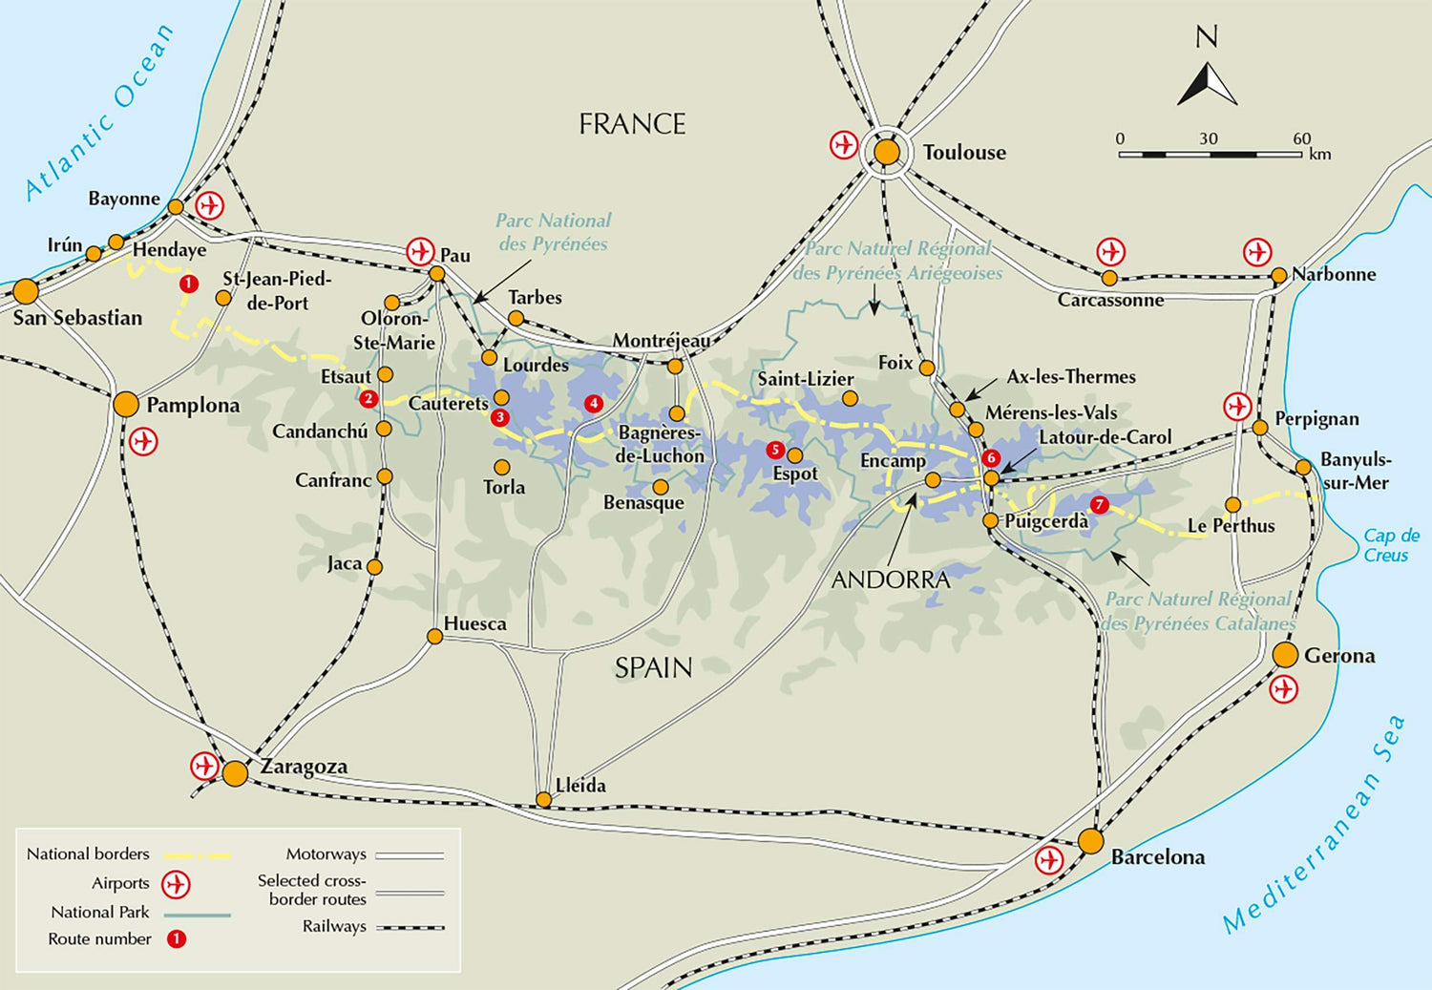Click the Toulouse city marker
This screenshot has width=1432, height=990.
coord(887,152)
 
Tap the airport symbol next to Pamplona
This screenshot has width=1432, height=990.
coord(143,442)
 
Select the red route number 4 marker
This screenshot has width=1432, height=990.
coord(594,404)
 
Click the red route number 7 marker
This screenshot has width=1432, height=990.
coord(1099,504)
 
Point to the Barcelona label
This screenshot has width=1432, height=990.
coord(1157,857)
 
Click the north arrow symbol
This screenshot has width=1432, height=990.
coord(1207,84)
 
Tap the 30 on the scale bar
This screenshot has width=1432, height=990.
coord(1209,138)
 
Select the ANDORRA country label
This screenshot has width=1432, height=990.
coord(891,579)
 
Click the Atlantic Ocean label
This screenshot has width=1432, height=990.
coord(99,113)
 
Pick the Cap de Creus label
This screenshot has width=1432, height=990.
coord(1390,545)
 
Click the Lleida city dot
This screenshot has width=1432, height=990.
coord(543,800)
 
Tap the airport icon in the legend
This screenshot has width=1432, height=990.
coord(175,884)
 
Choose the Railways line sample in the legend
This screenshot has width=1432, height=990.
coord(410,927)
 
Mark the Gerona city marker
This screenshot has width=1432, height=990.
coord(1285,655)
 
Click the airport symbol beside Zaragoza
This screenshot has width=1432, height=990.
coord(204,766)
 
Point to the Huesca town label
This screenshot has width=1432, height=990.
coord(474,623)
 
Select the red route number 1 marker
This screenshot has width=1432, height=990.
coord(188,284)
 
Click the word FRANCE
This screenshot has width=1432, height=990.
coord(632,124)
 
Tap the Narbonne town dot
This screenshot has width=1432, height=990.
coord(1278,276)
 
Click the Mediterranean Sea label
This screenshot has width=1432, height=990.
coord(1316,825)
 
